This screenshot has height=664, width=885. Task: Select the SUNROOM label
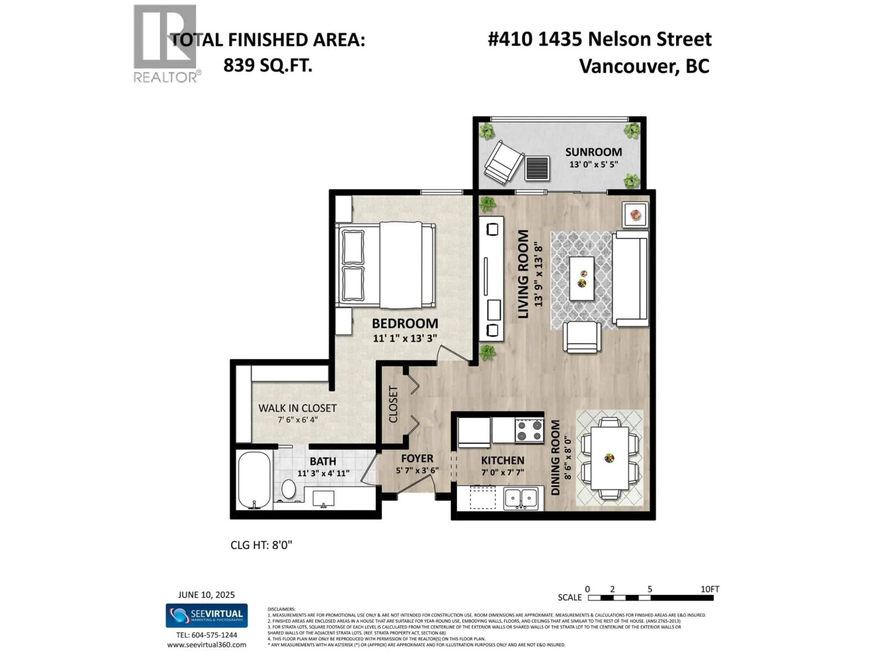(x=593, y=152)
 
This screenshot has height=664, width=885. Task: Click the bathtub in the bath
(x=254, y=480)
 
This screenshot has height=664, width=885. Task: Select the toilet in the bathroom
(x=288, y=489)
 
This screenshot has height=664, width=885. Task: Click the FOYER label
(x=417, y=459)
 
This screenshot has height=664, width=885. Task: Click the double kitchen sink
(x=521, y=498)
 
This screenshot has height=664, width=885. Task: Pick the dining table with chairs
(x=609, y=458)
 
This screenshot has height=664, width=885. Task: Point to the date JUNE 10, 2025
(x=206, y=595)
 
